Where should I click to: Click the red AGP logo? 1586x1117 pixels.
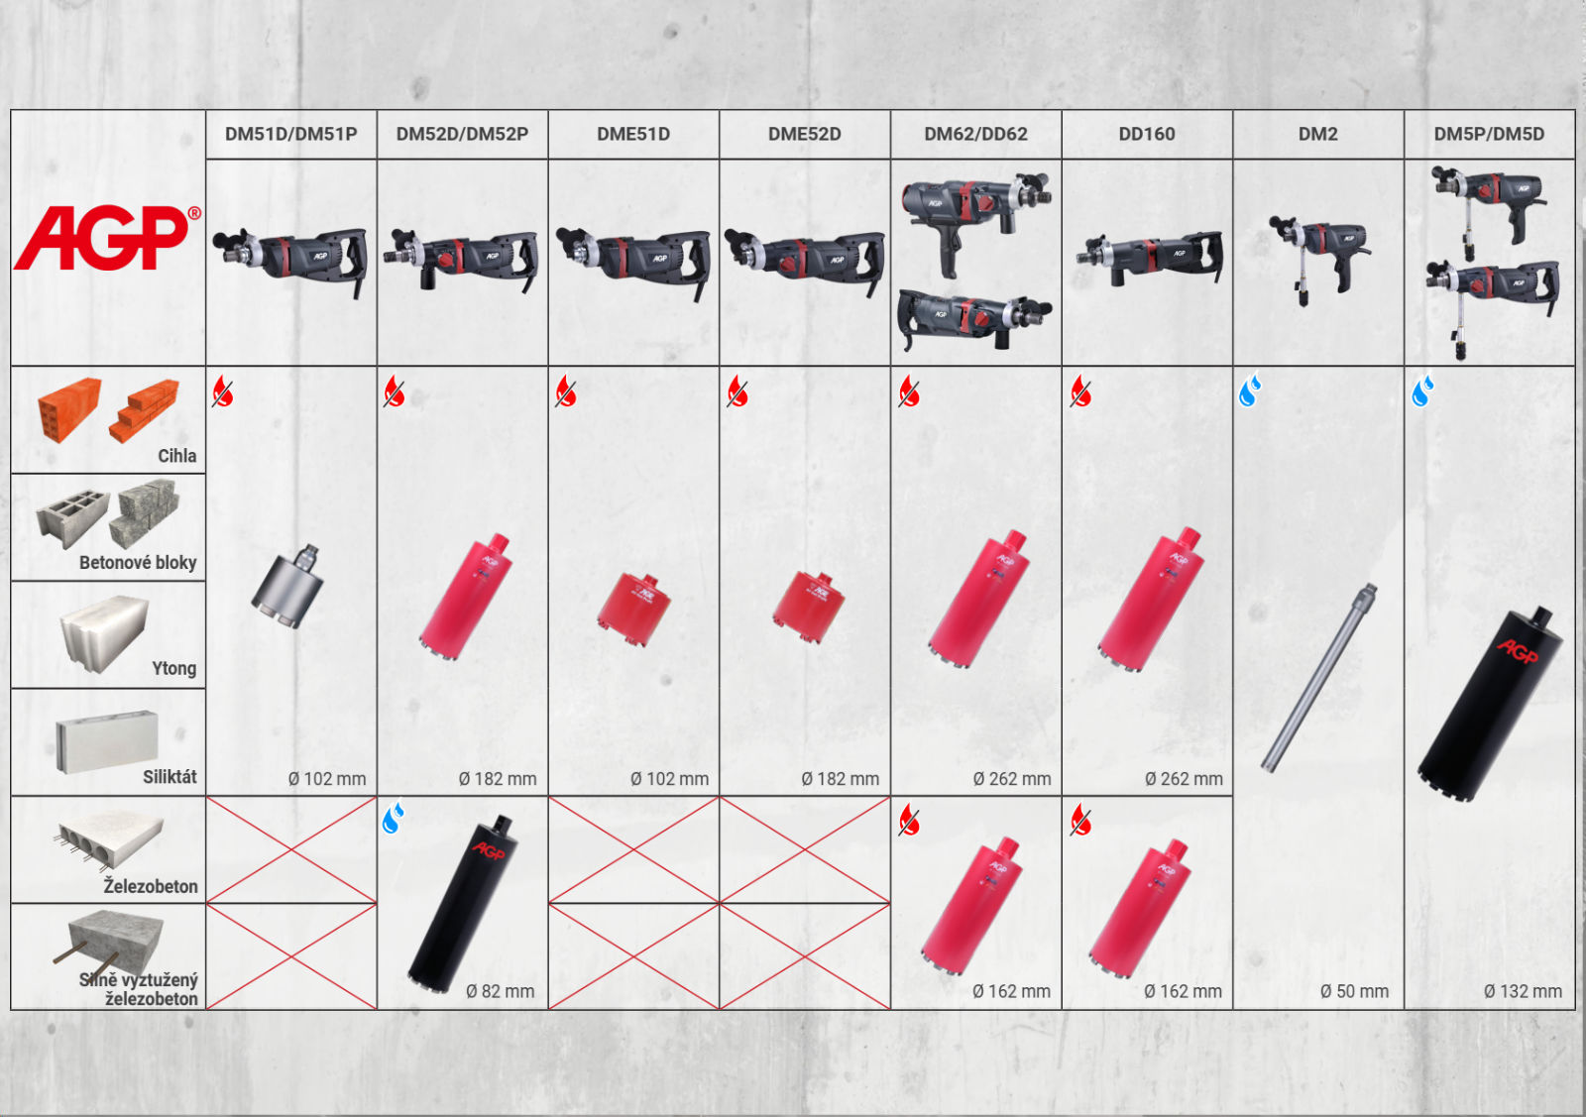point(107,237)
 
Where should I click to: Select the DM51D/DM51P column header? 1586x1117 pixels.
point(291,134)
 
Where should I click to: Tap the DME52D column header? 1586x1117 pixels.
point(804,134)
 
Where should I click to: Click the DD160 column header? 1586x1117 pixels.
point(1146,134)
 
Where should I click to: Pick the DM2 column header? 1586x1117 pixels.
point(1317,134)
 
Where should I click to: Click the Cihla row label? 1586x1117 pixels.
point(177,455)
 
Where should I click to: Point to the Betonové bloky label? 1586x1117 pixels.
point(138,563)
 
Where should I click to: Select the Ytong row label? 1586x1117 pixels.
point(174,668)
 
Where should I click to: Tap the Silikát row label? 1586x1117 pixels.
point(170,776)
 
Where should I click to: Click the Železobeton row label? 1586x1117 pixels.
point(151,885)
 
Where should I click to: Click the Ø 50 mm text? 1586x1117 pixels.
point(1354,991)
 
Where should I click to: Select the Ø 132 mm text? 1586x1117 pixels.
point(1523,991)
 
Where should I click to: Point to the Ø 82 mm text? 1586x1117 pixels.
point(500,991)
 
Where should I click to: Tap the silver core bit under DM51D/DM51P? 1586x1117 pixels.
point(288,586)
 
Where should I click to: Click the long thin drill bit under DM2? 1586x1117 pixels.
point(1318,677)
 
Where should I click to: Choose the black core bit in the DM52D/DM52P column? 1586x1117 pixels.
point(463,903)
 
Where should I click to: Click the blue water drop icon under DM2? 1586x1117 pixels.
point(1250,390)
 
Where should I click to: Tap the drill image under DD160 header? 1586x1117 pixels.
point(1150,258)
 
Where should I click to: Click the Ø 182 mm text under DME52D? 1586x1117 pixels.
point(841,779)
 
